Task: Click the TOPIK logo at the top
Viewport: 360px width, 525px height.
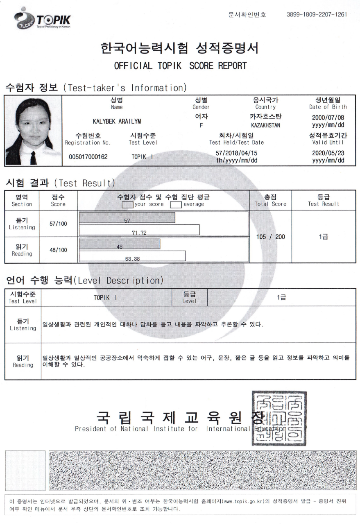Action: tap(43, 19)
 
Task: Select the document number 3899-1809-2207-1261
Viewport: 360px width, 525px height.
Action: tap(317, 15)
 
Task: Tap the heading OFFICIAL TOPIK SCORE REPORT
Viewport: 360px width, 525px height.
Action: tap(180, 66)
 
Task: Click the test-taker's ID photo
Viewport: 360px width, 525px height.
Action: tap(32, 131)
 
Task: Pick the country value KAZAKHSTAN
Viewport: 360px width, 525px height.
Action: tap(265, 125)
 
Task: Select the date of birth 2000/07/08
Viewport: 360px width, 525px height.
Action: tap(328, 117)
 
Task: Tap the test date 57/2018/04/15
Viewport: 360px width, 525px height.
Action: tap(236, 153)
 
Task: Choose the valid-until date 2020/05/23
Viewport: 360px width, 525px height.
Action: tap(328, 153)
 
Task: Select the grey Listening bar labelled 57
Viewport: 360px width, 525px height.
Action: tap(127, 218)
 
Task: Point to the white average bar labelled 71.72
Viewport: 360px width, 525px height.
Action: tap(139, 230)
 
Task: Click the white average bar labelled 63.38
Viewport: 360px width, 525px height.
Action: tap(132, 256)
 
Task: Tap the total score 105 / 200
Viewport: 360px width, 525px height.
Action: tap(270, 237)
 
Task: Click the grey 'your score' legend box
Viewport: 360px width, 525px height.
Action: tap(128, 204)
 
